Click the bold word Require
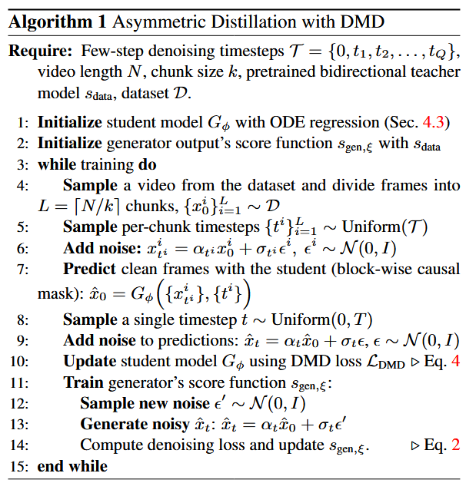pyautogui.click(x=41, y=51)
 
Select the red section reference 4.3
pyautogui.click(x=433, y=122)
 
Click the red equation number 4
pyautogui.click(x=455, y=361)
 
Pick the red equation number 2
pyautogui.click(x=455, y=445)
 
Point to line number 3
pyautogui.click(x=22, y=165)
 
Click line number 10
pyautogui.click(x=19, y=362)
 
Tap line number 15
pyautogui.click(x=19, y=466)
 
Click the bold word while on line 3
pyautogui.click(x=57, y=164)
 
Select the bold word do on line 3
pyautogui.click(x=148, y=164)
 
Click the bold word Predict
pyautogui.click(x=90, y=269)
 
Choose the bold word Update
pyautogui.click(x=90, y=362)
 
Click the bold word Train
pyautogui.click(x=83, y=382)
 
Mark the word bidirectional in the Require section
pyautogui.click(x=363, y=71)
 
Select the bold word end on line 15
pyautogui.click(x=51, y=466)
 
